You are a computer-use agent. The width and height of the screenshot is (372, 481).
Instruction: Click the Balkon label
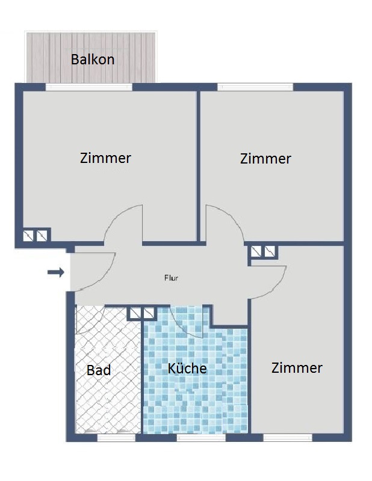[x=93, y=59]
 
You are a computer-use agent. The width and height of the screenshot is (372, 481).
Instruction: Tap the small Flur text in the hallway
[x=172, y=278]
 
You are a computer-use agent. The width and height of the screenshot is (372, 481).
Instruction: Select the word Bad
[x=99, y=370]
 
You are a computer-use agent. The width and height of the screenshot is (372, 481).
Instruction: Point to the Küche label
[x=187, y=368]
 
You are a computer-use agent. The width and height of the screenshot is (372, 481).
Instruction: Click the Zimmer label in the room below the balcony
[x=105, y=158]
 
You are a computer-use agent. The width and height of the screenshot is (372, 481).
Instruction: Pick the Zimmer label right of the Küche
[x=297, y=368]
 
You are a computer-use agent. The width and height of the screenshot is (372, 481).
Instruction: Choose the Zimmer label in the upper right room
[x=265, y=159]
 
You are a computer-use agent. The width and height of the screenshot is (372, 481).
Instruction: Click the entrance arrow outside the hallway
[x=56, y=272]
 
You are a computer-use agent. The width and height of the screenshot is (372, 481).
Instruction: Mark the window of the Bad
[x=116, y=438]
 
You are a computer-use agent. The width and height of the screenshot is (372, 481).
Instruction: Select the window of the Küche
[x=201, y=438]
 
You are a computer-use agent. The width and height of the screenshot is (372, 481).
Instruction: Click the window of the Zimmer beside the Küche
[x=288, y=438]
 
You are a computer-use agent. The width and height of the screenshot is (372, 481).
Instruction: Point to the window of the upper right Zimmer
[x=255, y=87]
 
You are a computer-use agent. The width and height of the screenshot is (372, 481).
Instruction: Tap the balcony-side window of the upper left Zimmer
[x=89, y=87]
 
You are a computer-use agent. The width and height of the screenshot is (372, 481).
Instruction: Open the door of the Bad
[x=91, y=320]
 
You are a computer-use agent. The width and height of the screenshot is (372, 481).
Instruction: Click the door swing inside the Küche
[x=187, y=322]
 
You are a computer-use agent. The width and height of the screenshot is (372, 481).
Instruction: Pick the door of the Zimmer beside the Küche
[x=268, y=282]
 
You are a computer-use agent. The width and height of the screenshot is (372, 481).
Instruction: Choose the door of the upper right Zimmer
[x=225, y=224]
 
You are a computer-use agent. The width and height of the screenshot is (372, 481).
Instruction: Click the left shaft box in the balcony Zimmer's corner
[x=28, y=236]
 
